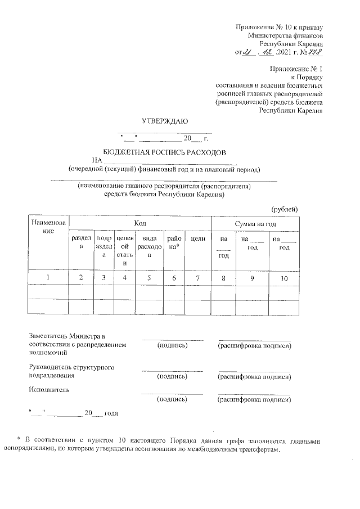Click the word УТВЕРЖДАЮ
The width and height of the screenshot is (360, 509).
(x=164, y=120)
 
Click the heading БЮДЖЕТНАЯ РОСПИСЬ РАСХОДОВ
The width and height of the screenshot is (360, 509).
(x=164, y=152)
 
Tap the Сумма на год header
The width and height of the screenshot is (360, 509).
(x=259, y=223)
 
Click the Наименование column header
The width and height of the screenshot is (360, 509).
(x=48, y=227)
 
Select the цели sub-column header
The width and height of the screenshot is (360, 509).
(x=197, y=240)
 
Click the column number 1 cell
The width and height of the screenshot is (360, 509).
(x=48, y=277)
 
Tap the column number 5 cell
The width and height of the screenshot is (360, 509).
(x=150, y=277)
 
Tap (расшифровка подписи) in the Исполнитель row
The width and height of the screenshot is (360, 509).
(x=254, y=400)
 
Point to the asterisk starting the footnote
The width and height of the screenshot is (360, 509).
(x=19, y=438)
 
